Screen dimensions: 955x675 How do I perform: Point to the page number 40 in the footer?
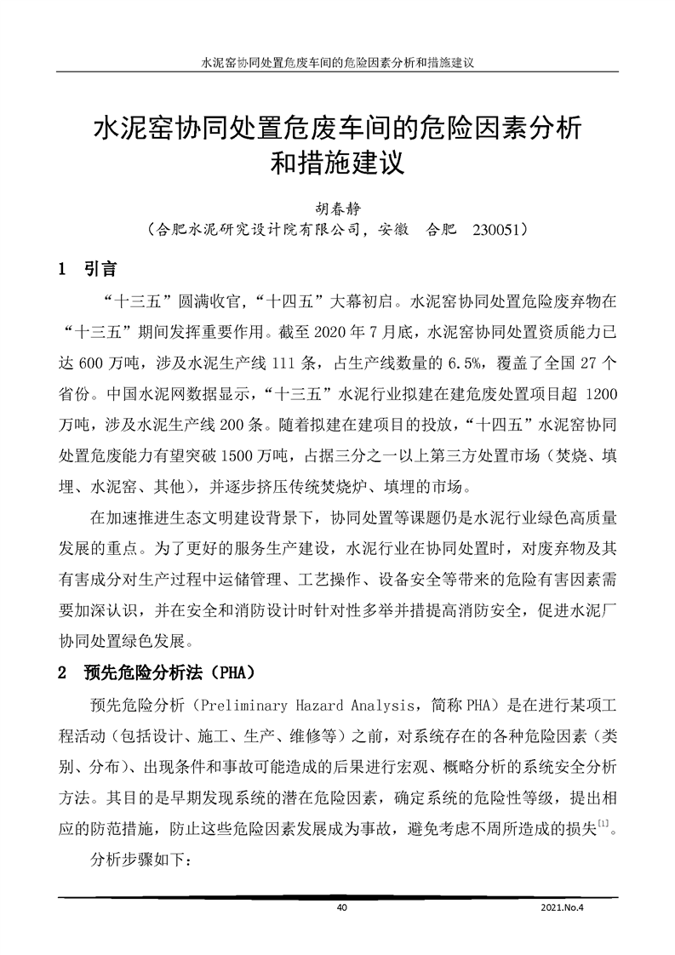tap(342, 907)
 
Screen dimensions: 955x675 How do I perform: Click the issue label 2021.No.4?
tap(565, 907)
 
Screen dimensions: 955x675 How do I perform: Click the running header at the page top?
tap(337, 64)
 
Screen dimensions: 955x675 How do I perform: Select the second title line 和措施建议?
tap(337, 163)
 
